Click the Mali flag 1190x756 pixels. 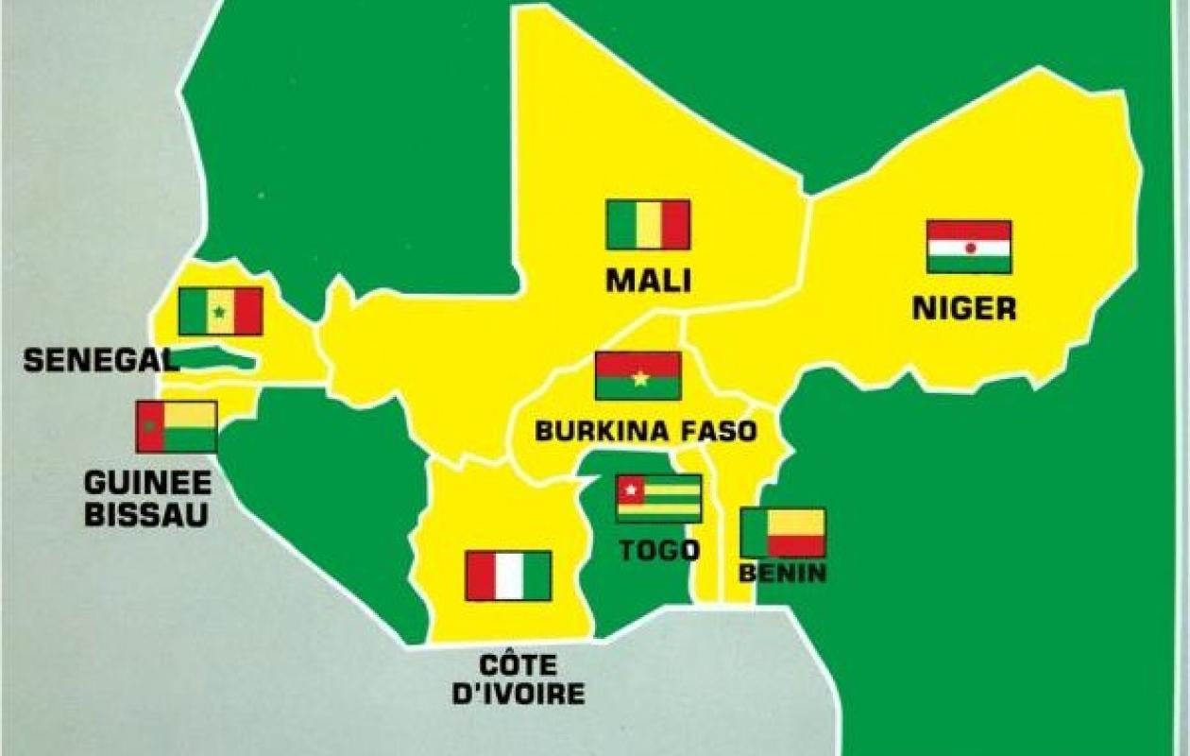point(648,225)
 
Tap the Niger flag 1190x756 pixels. point(969,247)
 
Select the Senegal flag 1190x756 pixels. point(220,312)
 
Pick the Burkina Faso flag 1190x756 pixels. point(637,376)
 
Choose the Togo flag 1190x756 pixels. point(658,499)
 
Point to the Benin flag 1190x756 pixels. point(783,533)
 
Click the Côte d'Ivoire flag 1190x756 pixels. point(508,576)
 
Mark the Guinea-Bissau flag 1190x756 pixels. point(177,426)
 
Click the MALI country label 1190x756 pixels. point(648,281)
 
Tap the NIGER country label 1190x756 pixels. point(964,308)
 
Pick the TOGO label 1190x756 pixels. point(659,550)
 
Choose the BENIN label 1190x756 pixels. point(783,573)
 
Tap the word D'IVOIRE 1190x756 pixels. point(518,695)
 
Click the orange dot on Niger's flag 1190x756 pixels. point(970,248)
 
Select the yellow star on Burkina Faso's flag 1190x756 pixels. point(640,378)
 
